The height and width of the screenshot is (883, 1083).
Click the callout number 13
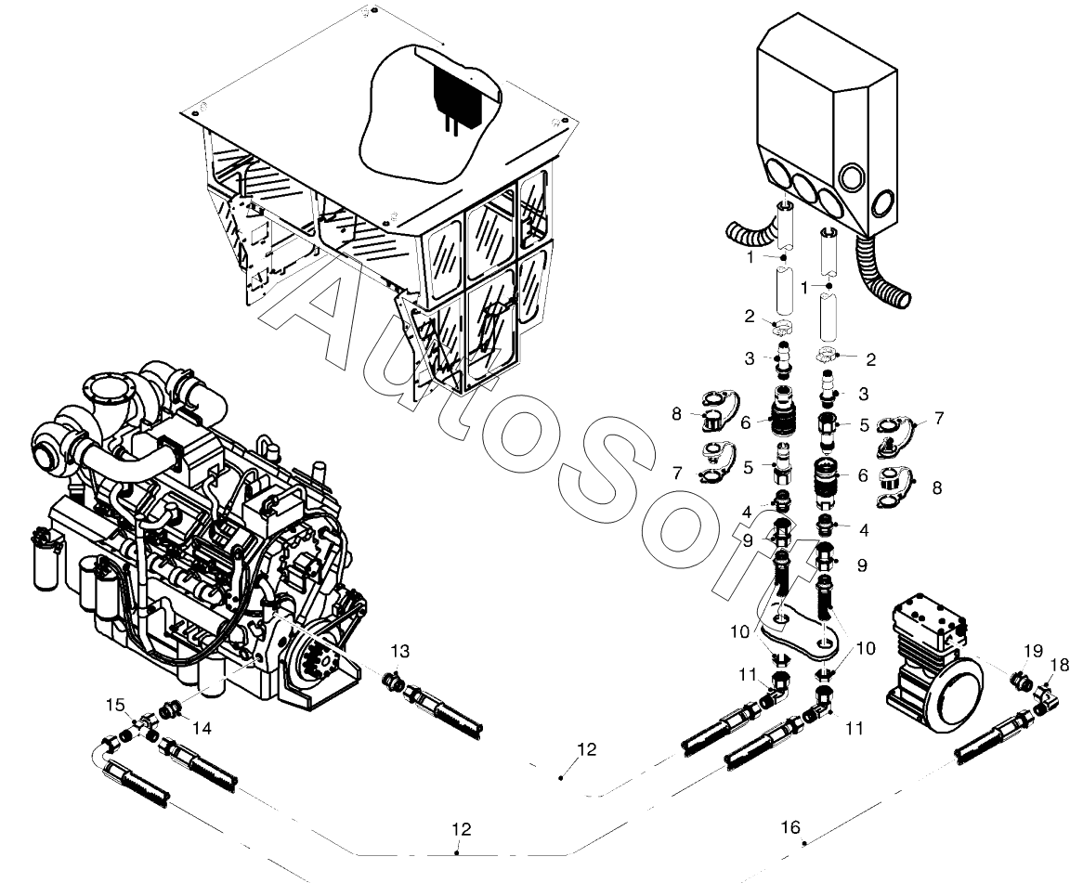click(x=400, y=651)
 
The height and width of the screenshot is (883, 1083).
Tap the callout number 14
click(x=202, y=728)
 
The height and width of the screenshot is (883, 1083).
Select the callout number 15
click(x=115, y=705)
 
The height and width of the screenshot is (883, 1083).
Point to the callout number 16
click(x=790, y=827)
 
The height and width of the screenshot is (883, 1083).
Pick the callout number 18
click(x=1060, y=664)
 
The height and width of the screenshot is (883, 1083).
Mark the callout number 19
click(x=1033, y=650)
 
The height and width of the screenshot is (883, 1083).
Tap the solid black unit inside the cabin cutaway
click(x=456, y=97)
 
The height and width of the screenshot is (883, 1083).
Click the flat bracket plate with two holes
click(x=804, y=630)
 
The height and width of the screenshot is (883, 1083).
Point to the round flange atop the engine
click(x=107, y=395)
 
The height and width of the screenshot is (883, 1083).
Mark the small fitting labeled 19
click(x=1021, y=680)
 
